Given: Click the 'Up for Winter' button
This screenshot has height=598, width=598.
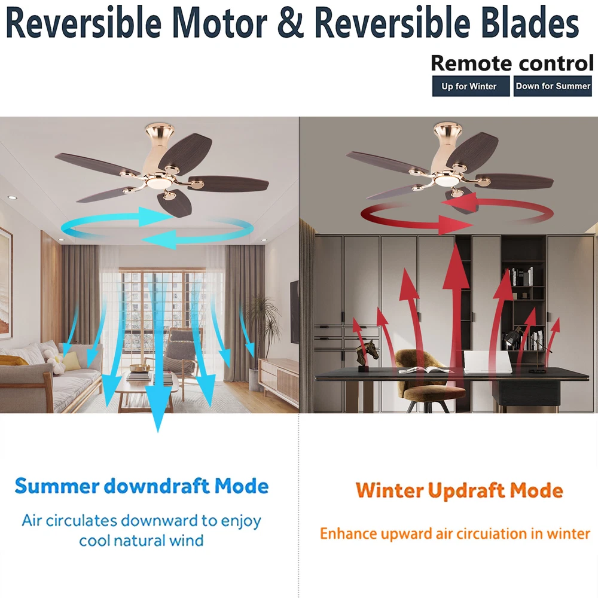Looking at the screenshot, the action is (471, 86).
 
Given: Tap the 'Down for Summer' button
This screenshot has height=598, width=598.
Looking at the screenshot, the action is (553, 86).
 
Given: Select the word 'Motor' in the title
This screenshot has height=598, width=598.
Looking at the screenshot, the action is (219, 23).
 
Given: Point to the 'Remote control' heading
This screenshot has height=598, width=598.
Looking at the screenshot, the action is (512, 63).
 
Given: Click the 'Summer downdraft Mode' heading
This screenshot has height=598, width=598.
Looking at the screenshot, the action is (142, 486).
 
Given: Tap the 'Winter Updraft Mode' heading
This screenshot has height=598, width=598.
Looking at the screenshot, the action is (459, 490).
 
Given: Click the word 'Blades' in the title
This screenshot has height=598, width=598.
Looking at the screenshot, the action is (530, 23).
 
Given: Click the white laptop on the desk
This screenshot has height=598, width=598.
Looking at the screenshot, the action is (487, 362).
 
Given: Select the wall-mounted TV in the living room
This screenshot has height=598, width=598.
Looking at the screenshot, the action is (294, 312).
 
